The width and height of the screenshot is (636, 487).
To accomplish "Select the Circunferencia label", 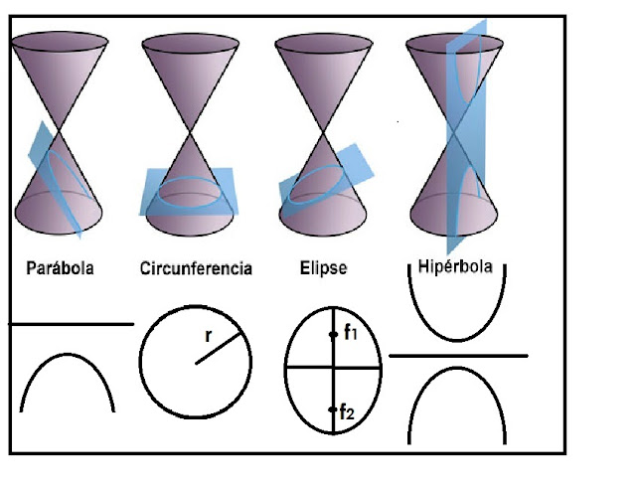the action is [196, 268].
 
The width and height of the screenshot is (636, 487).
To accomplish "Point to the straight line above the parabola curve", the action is [70, 323].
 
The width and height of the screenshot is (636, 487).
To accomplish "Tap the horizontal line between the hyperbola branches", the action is [457, 354].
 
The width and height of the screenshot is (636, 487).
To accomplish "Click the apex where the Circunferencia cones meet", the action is [192, 126].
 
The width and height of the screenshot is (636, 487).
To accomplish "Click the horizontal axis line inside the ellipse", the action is [308, 367].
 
